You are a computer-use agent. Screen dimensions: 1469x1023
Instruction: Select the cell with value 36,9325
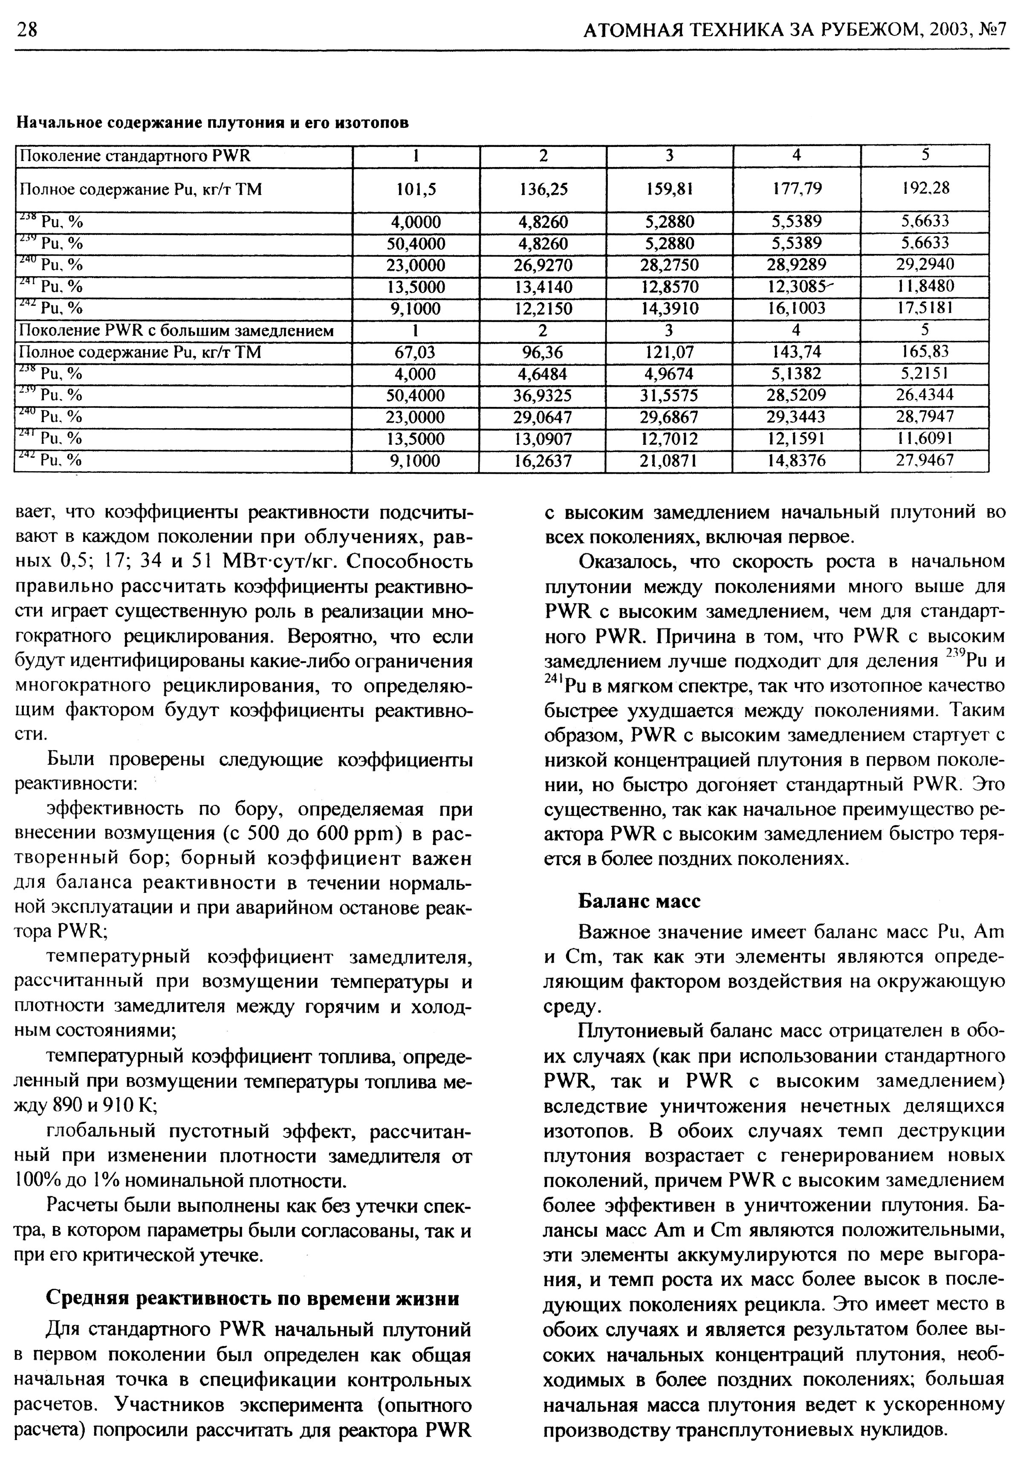pos(543,395)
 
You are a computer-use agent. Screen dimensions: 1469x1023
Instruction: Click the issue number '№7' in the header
pos(993,30)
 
